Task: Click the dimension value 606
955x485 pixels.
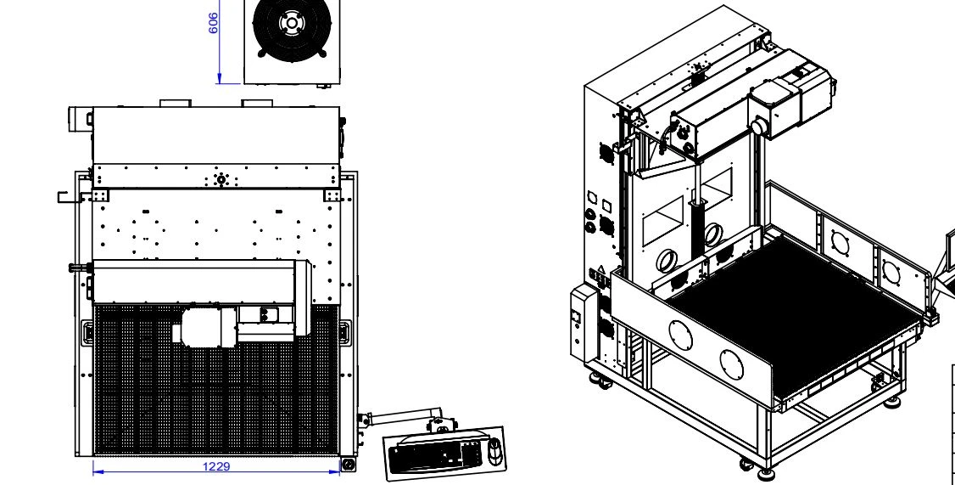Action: point(213,23)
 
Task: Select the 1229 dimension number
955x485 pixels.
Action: point(216,466)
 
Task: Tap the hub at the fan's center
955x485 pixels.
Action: point(292,24)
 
